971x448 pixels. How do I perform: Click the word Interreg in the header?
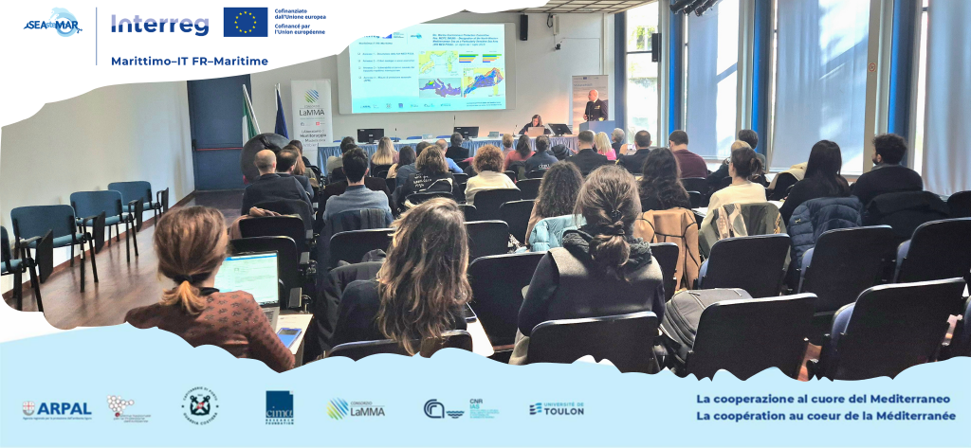tap(159, 25)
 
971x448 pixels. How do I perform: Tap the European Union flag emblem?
tap(245, 22)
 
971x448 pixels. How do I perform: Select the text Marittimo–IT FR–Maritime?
tap(189, 61)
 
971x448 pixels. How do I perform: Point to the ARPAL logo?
tap(57, 408)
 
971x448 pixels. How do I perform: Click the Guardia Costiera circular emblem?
tap(200, 405)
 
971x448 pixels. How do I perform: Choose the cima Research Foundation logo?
tap(279, 407)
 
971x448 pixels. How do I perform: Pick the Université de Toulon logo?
tap(557, 408)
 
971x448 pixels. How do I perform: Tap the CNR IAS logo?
tap(461, 408)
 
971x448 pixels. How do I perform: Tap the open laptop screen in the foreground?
tap(247, 278)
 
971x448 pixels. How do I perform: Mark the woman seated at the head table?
tap(535, 124)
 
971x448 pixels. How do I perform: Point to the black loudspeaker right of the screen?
tap(523, 27)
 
